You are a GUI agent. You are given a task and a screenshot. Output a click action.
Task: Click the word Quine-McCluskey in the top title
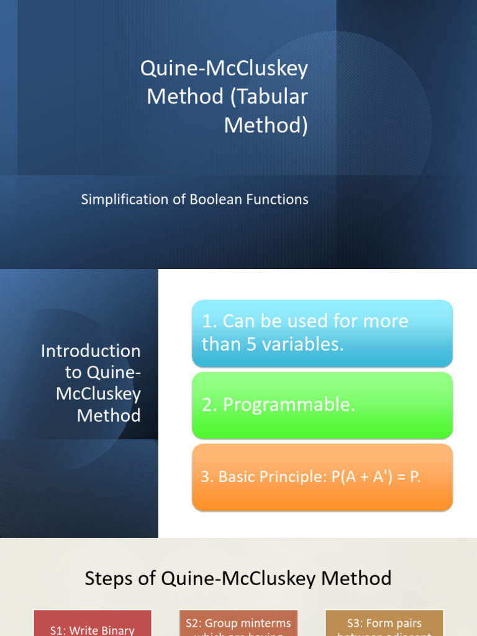[x=224, y=68]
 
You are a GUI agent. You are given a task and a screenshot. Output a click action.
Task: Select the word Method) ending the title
[x=266, y=125]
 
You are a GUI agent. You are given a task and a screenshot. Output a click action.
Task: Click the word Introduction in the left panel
[x=91, y=351]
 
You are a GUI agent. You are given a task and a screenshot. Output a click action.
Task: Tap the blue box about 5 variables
[x=322, y=333]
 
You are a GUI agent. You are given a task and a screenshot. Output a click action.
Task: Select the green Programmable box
[x=322, y=405]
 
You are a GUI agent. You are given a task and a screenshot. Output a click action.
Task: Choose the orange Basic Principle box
[x=322, y=477]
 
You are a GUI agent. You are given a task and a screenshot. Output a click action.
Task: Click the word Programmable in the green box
[x=289, y=405]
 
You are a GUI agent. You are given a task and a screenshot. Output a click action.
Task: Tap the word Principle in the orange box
[x=290, y=478]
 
